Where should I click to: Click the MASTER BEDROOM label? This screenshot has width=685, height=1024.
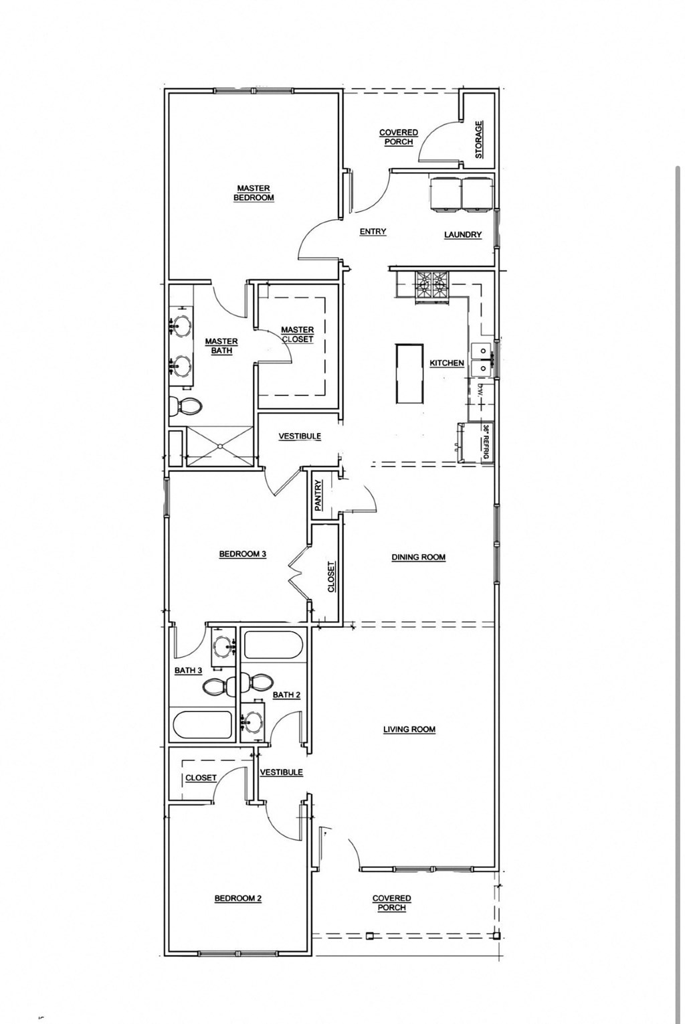pyautogui.click(x=254, y=193)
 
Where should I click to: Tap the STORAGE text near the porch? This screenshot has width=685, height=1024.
pyautogui.click(x=479, y=139)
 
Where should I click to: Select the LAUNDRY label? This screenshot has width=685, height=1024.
pyautogui.click(x=462, y=235)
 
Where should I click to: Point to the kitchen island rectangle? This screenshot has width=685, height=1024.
pyautogui.click(x=409, y=373)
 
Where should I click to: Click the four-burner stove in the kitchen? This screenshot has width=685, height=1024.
pyautogui.click(x=432, y=286)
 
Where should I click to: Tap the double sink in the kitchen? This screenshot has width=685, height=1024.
pyautogui.click(x=482, y=359)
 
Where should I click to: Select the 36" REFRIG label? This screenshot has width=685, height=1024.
pyautogui.click(x=487, y=442)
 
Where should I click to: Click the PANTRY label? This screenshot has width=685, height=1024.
pyautogui.click(x=318, y=495)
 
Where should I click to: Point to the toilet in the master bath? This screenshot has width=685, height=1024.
pyautogui.click(x=185, y=406)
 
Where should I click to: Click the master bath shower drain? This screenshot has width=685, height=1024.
pyautogui.click(x=220, y=446)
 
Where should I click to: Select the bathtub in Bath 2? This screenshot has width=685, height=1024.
pyautogui.click(x=273, y=646)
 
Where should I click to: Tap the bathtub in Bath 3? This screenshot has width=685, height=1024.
pyautogui.click(x=203, y=724)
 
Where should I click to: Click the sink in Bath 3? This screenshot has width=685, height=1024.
pyautogui.click(x=223, y=647)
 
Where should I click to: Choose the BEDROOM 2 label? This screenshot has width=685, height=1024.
pyautogui.click(x=237, y=898)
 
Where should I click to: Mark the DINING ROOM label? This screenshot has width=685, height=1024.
pyautogui.click(x=418, y=557)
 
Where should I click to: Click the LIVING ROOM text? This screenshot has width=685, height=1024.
pyautogui.click(x=409, y=730)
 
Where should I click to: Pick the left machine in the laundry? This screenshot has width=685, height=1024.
pyautogui.click(x=445, y=194)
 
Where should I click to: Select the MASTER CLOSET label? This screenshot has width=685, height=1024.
pyautogui.click(x=297, y=334)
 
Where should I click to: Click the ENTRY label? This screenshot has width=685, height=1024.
pyautogui.click(x=373, y=232)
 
